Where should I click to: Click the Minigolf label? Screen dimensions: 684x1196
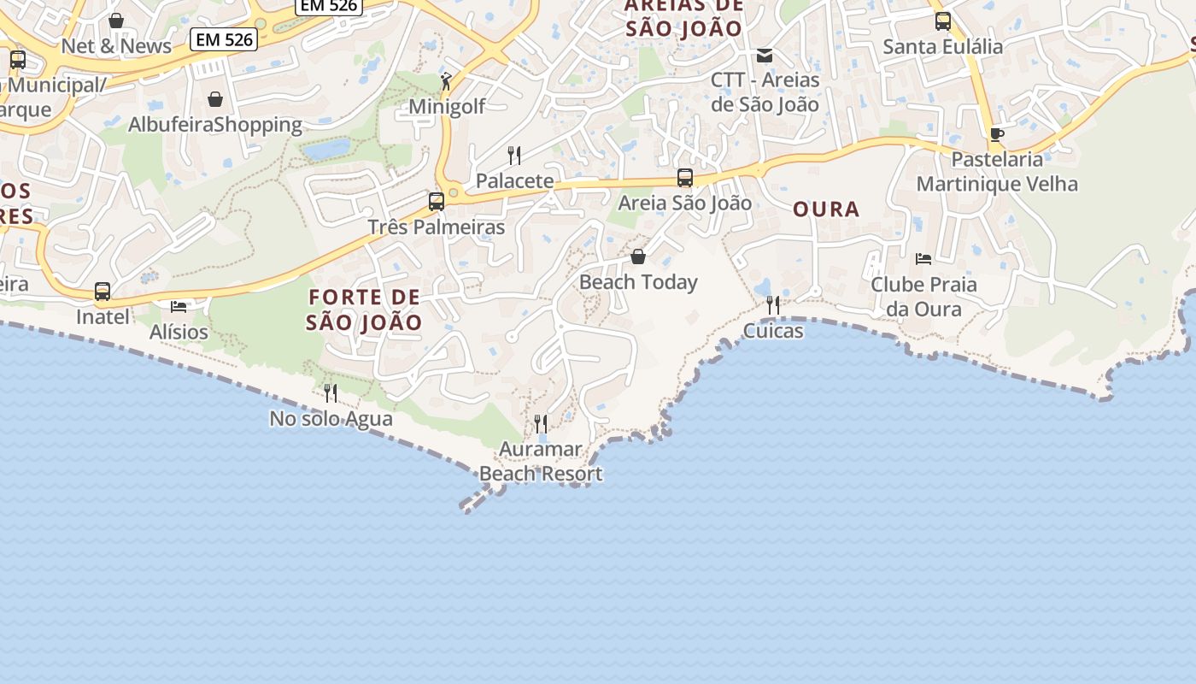tap(447, 107)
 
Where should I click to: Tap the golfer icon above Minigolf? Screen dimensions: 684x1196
tap(445, 81)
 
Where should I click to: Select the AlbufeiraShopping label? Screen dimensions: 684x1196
tap(215, 125)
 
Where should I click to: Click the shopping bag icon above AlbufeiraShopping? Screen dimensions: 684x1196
tap(215, 99)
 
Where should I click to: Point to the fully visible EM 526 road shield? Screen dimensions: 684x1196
tap(224, 38)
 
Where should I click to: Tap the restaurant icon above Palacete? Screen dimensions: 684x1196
tap(514, 155)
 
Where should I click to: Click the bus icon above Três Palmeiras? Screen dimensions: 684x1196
tap(437, 202)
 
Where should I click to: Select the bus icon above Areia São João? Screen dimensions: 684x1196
tap(685, 178)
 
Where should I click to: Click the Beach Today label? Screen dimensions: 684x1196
tap(638, 282)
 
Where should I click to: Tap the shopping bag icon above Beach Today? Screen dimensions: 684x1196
tap(638, 256)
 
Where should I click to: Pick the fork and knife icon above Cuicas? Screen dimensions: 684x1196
tap(773, 305)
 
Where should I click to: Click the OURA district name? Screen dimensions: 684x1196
tap(826, 209)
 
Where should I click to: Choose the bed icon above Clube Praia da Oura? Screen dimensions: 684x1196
tap(923, 258)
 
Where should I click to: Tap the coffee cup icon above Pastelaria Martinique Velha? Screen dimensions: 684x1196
tap(996, 134)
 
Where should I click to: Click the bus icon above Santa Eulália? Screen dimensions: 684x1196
tap(943, 21)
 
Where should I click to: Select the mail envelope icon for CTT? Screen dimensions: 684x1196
tap(765, 56)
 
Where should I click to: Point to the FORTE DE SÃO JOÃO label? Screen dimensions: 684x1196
tap(365, 310)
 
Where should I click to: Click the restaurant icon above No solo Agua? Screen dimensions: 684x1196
tap(331, 393)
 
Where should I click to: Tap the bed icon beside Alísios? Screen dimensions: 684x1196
tap(179, 306)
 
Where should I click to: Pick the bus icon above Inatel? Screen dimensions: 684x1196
tap(103, 292)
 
